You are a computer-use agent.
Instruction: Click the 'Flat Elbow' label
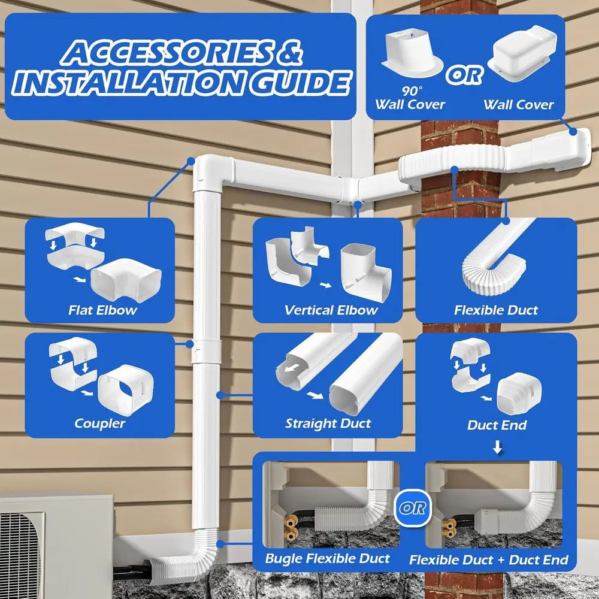click(x=102, y=310)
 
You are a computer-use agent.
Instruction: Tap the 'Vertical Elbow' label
click(x=331, y=310)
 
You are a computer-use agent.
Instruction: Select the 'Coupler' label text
click(x=99, y=423)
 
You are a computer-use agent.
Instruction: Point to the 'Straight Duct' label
click(x=328, y=423)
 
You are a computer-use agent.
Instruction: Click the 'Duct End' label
click(x=497, y=425)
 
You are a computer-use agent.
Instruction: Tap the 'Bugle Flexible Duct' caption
click(x=328, y=558)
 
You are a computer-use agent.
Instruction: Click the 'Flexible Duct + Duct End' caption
click(x=489, y=559)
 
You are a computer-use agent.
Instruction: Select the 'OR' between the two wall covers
click(x=465, y=74)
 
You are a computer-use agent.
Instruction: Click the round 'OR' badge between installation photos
click(x=413, y=508)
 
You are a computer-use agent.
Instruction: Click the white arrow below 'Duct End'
click(x=497, y=447)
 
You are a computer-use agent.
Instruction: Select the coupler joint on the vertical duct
click(x=206, y=352)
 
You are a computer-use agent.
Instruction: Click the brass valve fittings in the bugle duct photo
click(x=291, y=526)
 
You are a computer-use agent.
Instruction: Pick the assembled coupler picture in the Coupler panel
click(x=126, y=390)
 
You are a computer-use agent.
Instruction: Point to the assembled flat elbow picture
click(x=126, y=280)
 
